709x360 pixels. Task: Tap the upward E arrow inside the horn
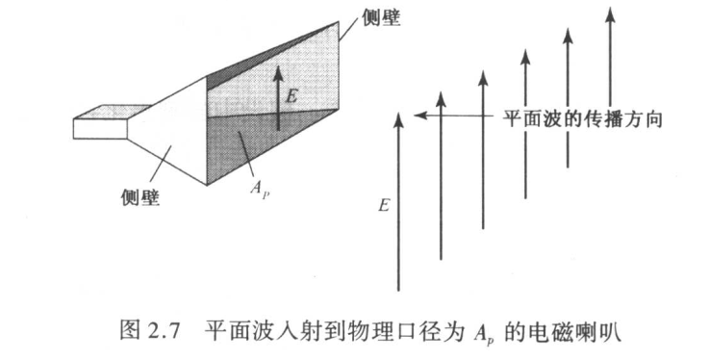point(278,96)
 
